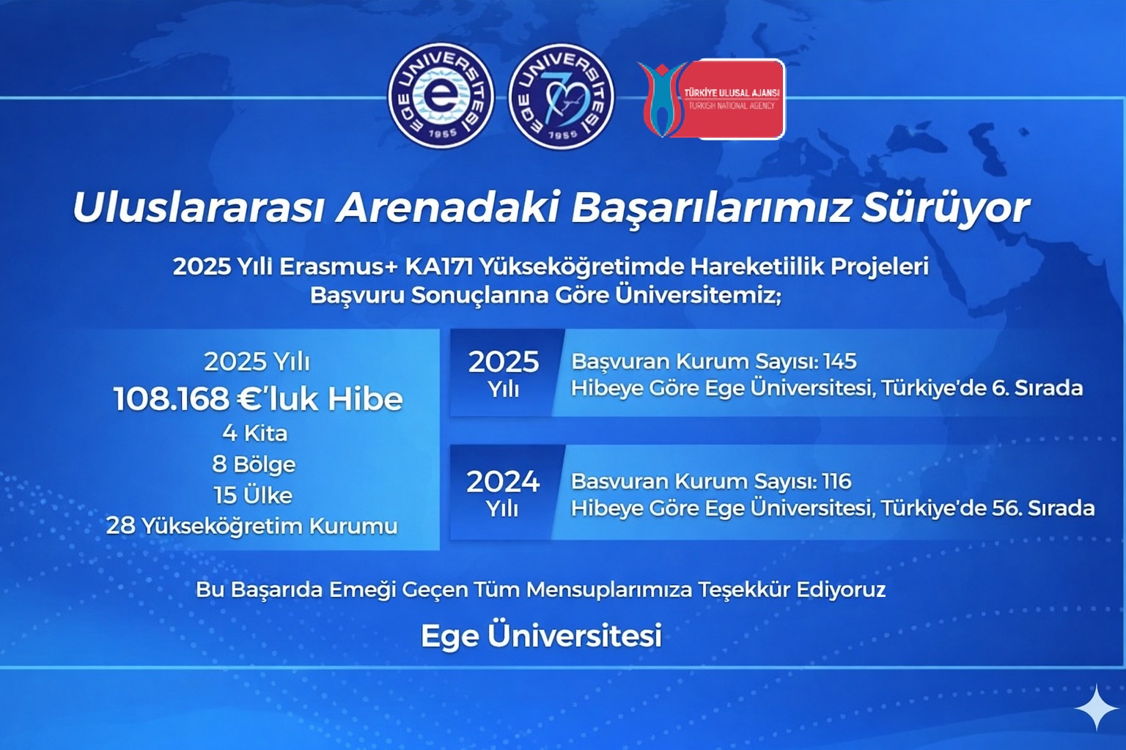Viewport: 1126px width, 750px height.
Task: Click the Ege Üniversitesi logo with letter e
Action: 441,96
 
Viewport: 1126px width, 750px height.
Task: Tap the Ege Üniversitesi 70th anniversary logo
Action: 561,96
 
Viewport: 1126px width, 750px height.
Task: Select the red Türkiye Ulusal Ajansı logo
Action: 711,99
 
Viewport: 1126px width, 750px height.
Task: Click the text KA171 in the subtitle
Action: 439,267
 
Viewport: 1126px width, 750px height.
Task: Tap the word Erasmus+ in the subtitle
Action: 338,267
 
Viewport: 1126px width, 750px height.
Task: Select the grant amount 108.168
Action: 171,399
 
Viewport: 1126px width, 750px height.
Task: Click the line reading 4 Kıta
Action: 255,433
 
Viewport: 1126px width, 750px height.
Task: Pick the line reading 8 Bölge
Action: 254,464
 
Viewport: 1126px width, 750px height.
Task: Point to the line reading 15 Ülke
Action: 253,496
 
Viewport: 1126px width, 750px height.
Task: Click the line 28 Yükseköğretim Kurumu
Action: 252,527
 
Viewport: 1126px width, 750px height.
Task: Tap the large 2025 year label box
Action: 504,373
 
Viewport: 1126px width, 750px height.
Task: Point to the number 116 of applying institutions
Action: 837,481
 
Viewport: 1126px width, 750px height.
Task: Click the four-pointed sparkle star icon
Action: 1097,708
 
